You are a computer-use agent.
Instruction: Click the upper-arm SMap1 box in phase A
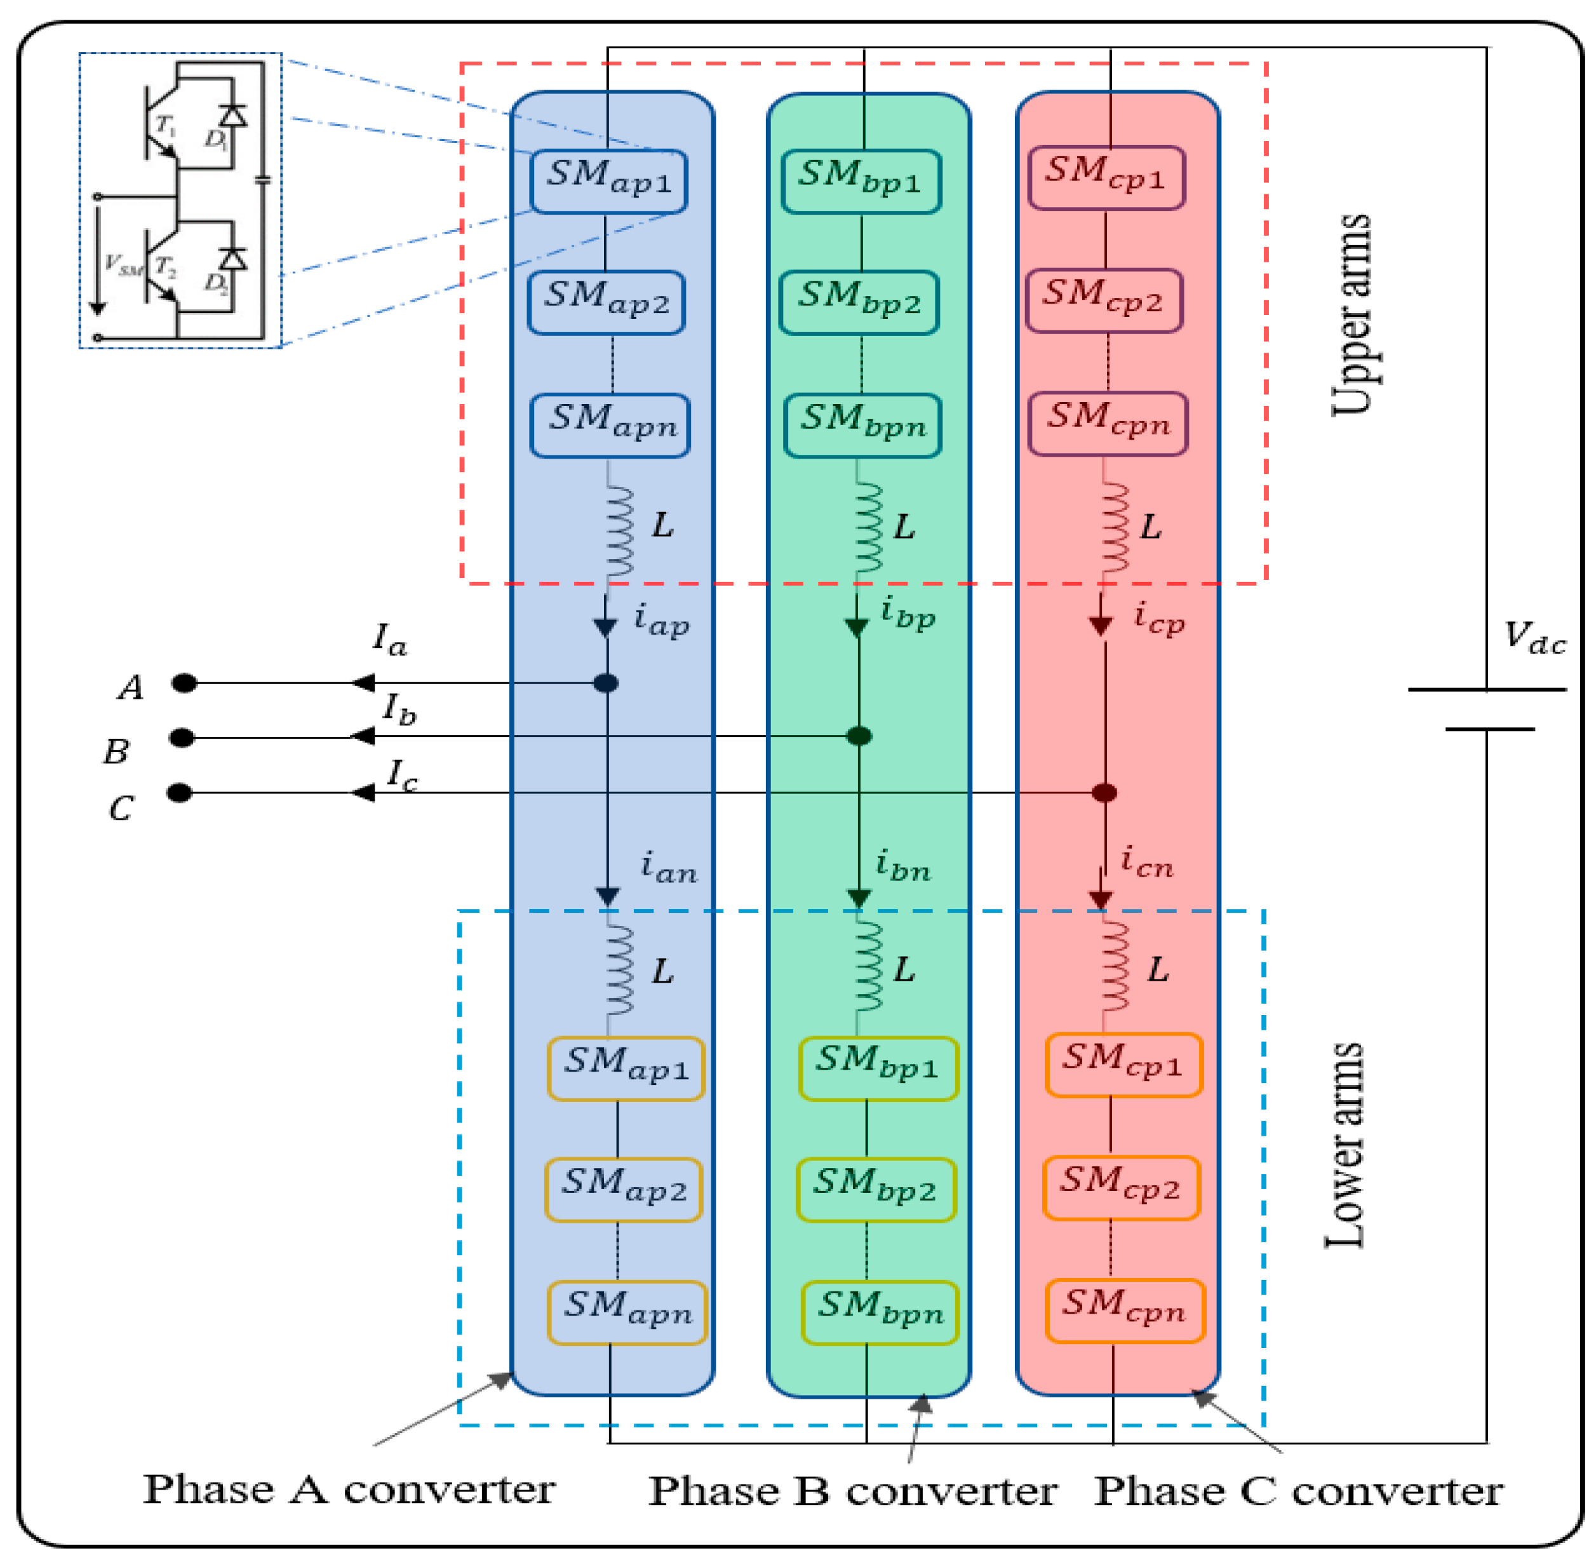pyautogui.click(x=608, y=181)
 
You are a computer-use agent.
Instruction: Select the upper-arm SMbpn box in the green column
pyautogui.click(x=863, y=426)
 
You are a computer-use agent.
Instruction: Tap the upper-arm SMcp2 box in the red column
pyautogui.click(x=1104, y=301)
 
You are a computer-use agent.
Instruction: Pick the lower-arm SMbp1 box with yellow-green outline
pyautogui.click(x=878, y=1068)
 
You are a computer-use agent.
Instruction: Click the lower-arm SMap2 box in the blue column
pyautogui.click(x=623, y=1190)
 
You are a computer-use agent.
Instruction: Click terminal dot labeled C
pyautogui.click(x=180, y=793)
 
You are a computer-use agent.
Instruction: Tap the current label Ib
pyautogui.click(x=399, y=709)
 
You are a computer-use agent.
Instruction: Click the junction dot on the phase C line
pyautogui.click(x=1104, y=793)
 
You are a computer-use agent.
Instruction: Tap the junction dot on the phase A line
pyautogui.click(x=606, y=683)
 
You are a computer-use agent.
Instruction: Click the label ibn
pyautogui.click(x=903, y=866)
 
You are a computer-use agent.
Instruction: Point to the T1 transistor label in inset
pyautogui.click(x=166, y=126)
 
